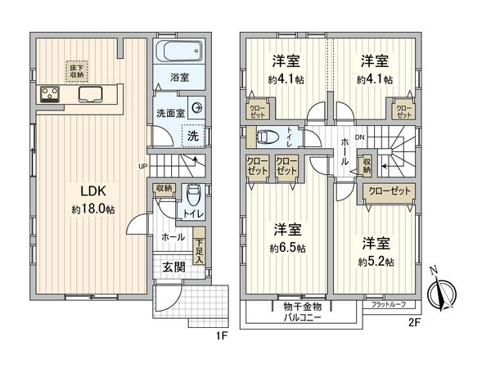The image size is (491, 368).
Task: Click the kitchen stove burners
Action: [x=51, y=94]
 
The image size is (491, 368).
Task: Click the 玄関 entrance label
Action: [x=173, y=268]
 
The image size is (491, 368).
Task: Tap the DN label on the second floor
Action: [x=358, y=138]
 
